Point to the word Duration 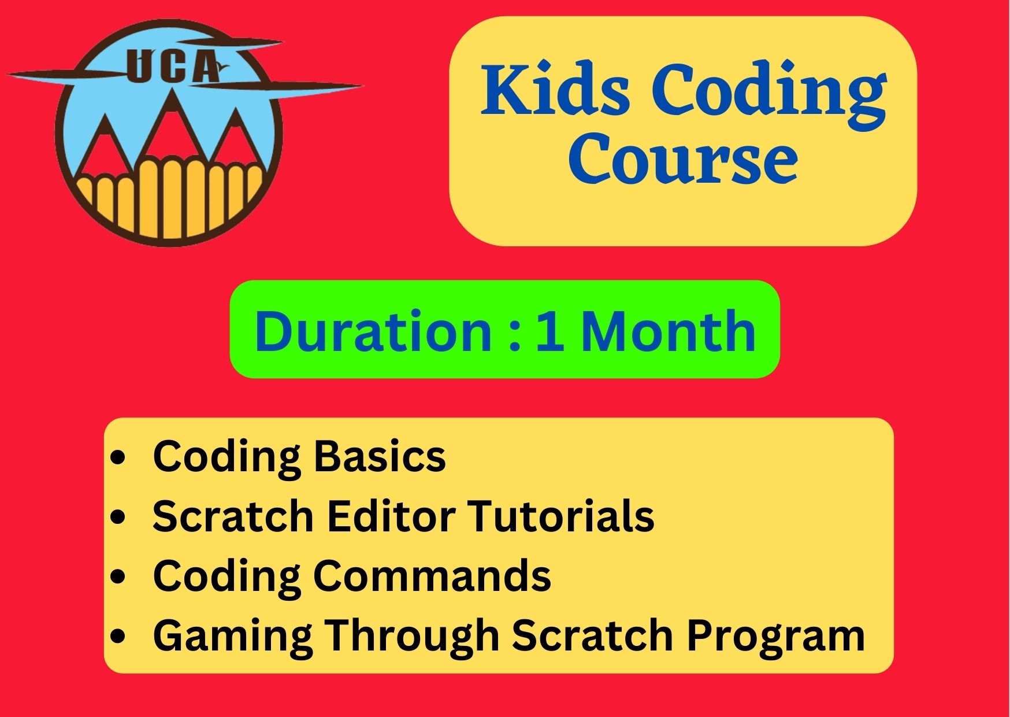[x=373, y=331]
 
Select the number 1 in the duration [x=549, y=332]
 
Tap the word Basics [x=380, y=456]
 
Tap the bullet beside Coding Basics [x=118, y=458]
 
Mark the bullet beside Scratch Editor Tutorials [x=118, y=517]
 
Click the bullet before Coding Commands [x=118, y=577]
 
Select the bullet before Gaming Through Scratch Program [x=118, y=637]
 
